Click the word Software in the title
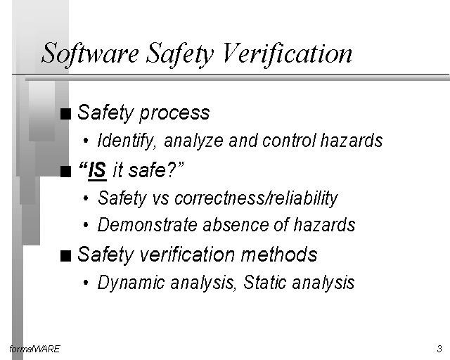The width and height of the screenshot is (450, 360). tap(91, 53)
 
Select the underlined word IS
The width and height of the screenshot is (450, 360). tap(97, 171)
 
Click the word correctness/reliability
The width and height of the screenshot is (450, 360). tap(256, 198)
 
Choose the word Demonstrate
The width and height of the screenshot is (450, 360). tap(147, 224)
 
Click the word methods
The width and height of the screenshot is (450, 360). tap(279, 254)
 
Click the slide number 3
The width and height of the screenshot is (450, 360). tap(439, 349)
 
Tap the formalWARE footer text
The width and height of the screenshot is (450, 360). tap(34, 349)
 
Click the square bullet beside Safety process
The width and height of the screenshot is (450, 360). tap(65, 114)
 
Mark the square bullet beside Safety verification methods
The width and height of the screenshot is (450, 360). tap(65, 256)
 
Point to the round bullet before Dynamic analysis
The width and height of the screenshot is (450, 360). tap(86, 283)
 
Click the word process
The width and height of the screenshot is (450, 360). tap(174, 113)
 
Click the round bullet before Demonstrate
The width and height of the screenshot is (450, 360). tap(86, 225)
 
